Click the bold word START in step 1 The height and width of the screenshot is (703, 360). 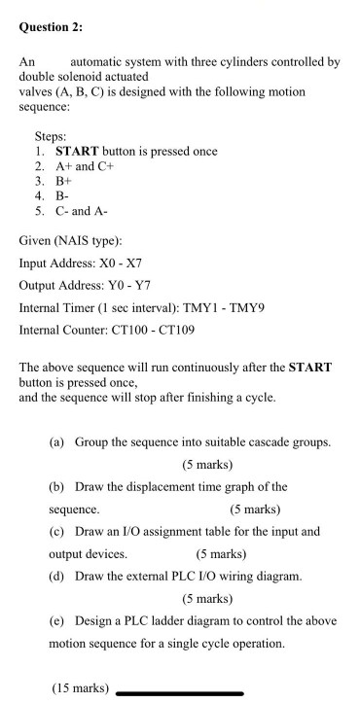87,151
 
